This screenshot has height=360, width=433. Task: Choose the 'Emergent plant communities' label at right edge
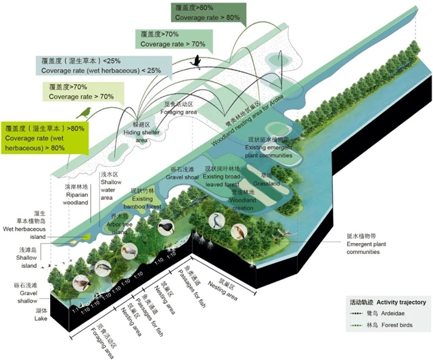pyautogui.click(x=370, y=243)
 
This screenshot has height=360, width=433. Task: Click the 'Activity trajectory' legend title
pyautogui.click(x=387, y=302)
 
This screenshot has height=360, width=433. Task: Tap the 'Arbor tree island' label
pyautogui.click(x=120, y=223)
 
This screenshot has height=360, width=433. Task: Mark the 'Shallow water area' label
pyautogui.click(x=110, y=186)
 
